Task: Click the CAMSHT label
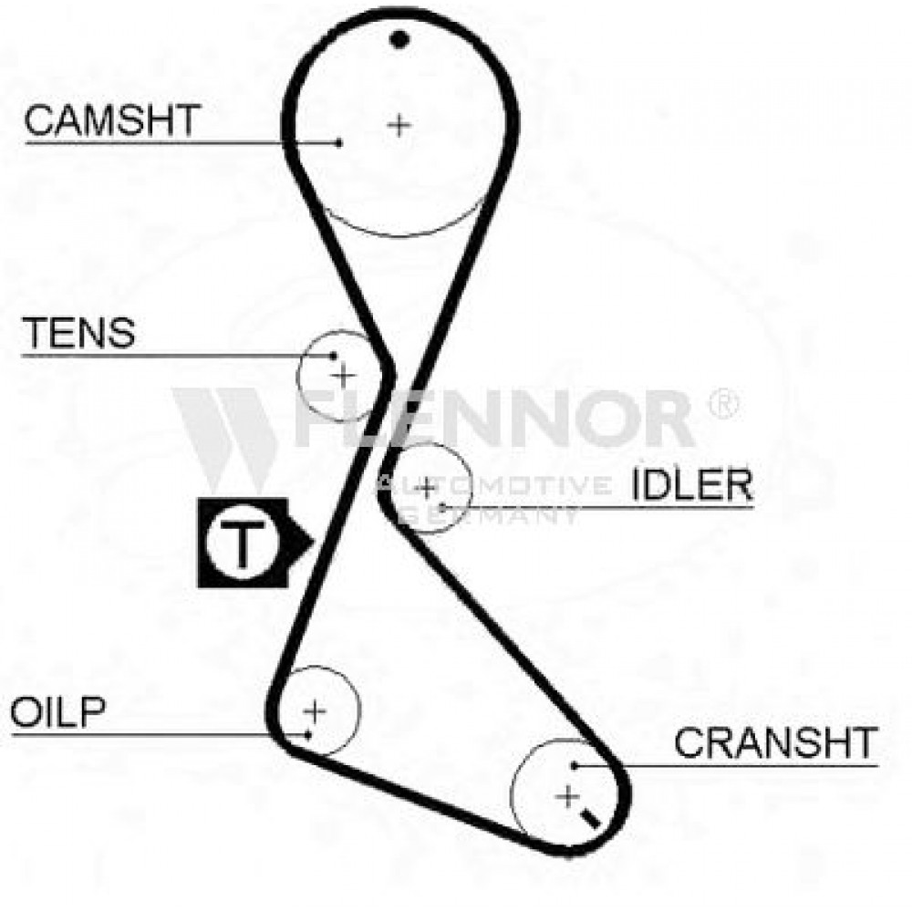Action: click(x=112, y=120)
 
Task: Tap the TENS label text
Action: click(x=78, y=333)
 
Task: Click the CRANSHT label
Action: click(x=776, y=742)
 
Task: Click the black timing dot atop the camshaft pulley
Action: click(x=399, y=39)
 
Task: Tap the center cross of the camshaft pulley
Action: click(x=399, y=124)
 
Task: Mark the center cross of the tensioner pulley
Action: click(x=343, y=376)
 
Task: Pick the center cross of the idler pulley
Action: click(x=428, y=487)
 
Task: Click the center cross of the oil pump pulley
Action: click(x=315, y=710)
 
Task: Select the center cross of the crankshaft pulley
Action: click(x=567, y=796)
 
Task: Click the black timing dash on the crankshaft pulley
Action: click(x=590, y=819)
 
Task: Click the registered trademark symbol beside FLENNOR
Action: click(x=723, y=403)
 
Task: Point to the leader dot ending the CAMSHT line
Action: click(x=339, y=142)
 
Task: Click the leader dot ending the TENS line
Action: click(x=333, y=355)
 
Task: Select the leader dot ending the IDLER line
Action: click(x=442, y=508)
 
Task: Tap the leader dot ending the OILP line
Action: click(x=308, y=735)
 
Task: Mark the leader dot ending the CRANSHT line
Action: click(x=574, y=766)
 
